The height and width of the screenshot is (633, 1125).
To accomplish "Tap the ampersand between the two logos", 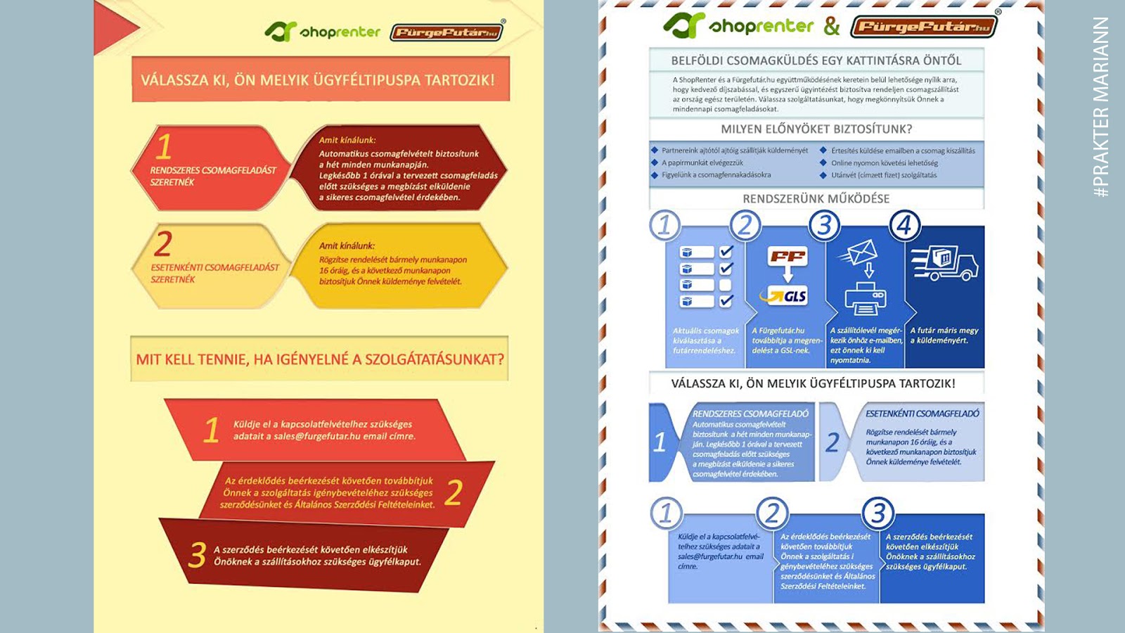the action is pos(832,27).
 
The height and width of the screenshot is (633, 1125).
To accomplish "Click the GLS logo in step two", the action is pos(787,295).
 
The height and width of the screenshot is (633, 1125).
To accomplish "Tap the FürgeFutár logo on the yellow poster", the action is pos(446,32).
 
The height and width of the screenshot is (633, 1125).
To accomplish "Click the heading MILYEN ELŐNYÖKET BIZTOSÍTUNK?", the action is pos(816,129).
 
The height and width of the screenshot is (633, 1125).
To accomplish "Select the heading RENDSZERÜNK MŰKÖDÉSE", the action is pos(816,199).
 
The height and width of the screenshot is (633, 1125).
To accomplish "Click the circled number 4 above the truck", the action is pos(905,226).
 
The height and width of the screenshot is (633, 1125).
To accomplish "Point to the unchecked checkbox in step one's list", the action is pos(726,285).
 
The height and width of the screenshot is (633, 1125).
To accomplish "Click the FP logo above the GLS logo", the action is pos(787,257).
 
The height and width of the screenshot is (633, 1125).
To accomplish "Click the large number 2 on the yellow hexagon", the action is pos(163,244).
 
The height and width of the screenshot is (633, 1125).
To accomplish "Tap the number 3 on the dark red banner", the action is pos(198,555).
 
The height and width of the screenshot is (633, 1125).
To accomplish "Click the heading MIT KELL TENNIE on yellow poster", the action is pos(320,359).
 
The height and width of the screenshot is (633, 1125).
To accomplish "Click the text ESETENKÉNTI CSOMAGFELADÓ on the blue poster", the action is pos(922,414).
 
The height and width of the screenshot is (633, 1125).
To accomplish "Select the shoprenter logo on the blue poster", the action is pos(738,26).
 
